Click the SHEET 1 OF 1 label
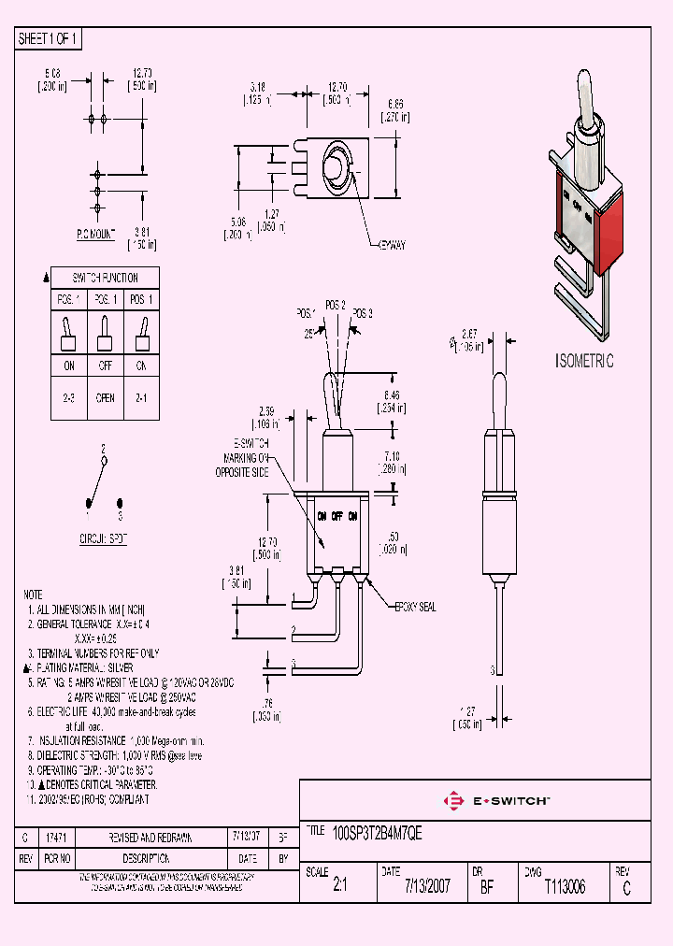(x=49, y=38)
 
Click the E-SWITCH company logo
(x=496, y=801)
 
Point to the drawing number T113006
(x=565, y=886)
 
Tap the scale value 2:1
(x=339, y=887)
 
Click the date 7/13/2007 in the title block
(x=427, y=886)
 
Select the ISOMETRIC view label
(x=584, y=361)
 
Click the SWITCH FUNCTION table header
(x=106, y=278)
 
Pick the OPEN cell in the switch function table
(x=106, y=397)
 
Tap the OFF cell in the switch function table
(x=106, y=366)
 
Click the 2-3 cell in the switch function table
(x=69, y=397)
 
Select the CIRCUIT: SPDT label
(x=102, y=539)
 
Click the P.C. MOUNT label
(x=94, y=236)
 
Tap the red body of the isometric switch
(x=605, y=234)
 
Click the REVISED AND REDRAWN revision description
(x=151, y=838)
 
